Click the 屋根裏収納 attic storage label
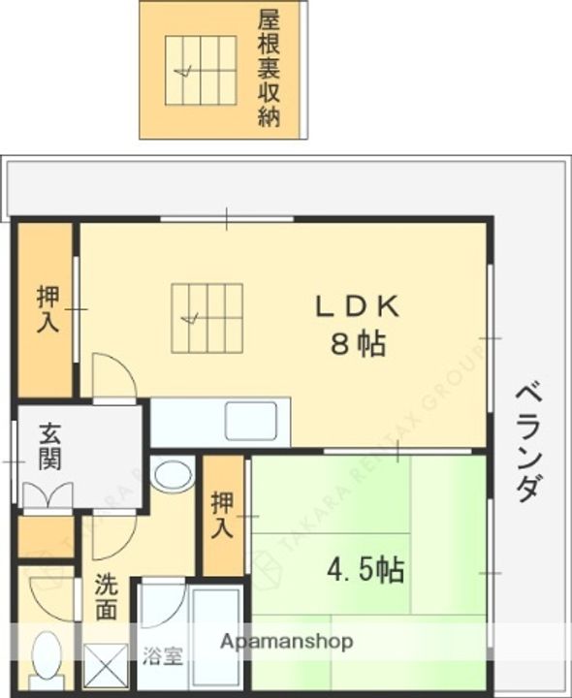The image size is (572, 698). pyautogui.click(x=269, y=69)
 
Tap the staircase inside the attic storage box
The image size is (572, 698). pyautogui.click(x=201, y=71)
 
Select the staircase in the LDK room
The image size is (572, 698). pyautogui.click(x=207, y=318)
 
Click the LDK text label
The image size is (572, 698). pyautogui.click(x=355, y=308)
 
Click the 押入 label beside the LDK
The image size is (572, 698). pyautogui.click(x=47, y=310)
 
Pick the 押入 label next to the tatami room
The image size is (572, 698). pyautogui.click(x=223, y=516)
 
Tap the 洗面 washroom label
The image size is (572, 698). pyautogui.click(x=107, y=597)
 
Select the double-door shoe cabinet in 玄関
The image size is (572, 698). pyautogui.click(x=46, y=494)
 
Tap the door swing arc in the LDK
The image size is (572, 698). pyautogui.click(x=115, y=373)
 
